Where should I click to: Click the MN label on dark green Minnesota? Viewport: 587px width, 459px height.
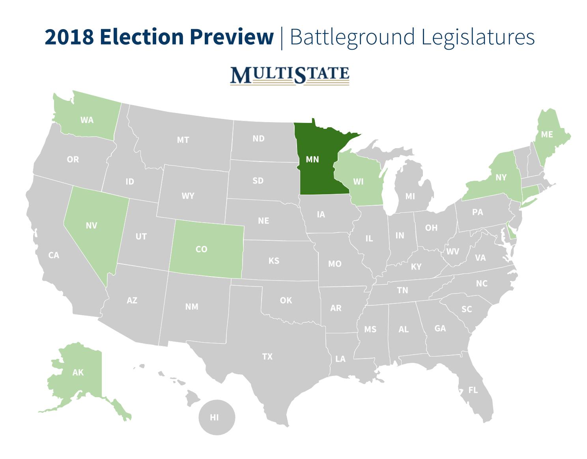pos(312,160)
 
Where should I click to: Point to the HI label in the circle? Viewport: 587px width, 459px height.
pos(214,418)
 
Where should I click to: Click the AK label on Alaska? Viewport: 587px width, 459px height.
pos(78,372)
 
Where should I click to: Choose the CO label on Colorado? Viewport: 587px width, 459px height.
pos(201,249)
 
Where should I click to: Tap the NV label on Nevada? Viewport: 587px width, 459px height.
pos(91,226)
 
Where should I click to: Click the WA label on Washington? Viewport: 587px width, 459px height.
pos(87,120)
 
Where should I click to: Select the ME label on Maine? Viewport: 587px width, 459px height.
pos(547,135)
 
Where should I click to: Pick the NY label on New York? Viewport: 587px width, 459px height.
pos(501,178)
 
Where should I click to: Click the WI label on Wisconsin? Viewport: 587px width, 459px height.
pos(358,182)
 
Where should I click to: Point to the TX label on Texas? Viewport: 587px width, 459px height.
pos(267,357)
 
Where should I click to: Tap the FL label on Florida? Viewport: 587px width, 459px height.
pos(473,390)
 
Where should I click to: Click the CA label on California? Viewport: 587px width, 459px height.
pos(54,255)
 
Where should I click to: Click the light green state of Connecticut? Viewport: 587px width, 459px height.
pos(529,193)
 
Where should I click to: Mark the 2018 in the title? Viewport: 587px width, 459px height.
pos(69,37)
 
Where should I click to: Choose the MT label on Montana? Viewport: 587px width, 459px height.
pos(183,140)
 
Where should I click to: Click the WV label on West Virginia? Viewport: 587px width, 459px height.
pos(452,251)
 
